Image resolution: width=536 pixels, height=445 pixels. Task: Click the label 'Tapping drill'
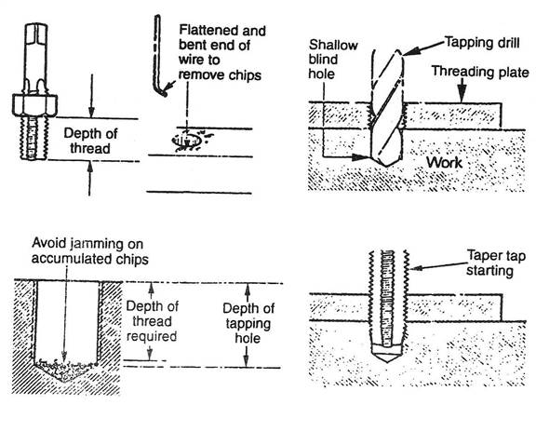point(482,43)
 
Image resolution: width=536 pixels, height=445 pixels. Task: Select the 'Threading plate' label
point(480,72)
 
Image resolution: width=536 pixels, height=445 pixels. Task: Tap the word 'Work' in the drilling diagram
point(444,163)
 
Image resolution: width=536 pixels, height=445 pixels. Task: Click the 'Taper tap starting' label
point(496,263)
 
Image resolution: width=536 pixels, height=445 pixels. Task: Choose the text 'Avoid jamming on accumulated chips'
point(90,251)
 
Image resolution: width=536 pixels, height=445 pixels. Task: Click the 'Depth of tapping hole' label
point(248,323)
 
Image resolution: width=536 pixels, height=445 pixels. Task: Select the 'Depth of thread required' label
point(152,321)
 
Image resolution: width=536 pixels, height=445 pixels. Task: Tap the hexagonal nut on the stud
point(34,104)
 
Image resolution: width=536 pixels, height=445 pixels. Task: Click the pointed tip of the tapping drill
point(386,166)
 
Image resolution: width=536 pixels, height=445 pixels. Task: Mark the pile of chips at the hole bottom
point(65,369)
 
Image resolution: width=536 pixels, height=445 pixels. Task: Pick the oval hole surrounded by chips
point(186,141)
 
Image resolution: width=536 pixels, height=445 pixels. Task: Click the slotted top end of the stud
point(36,33)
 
